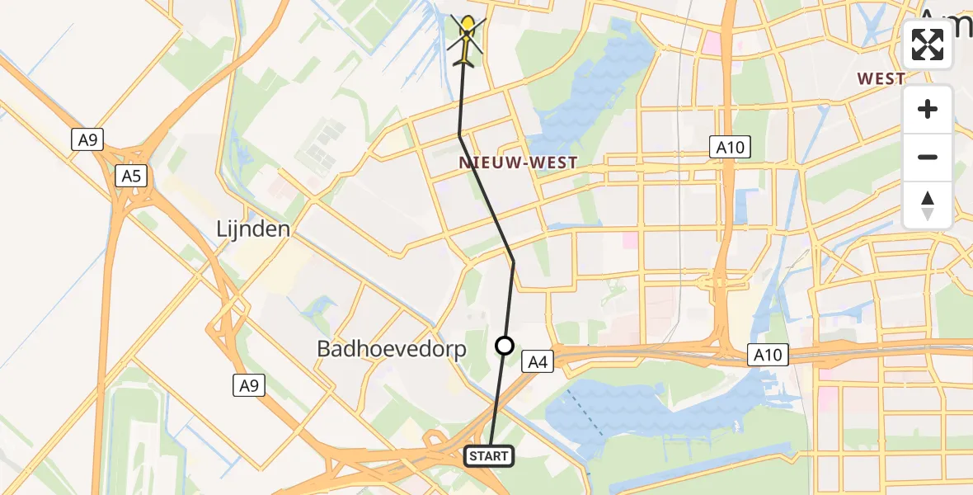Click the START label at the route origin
click(x=490, y=455)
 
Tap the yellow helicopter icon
click(x=468, y=41)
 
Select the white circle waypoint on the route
click(x=505, y=346)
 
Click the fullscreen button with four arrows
click(x=928, y=45)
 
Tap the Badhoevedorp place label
click(x=392, y=349)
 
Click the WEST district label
click(x=881, y=79)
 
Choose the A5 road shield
click(x=131, y=175)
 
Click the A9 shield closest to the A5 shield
click(x=88, y=140)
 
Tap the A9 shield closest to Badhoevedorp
click(x=248, y=385)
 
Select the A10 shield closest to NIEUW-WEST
click(x=730, y=148)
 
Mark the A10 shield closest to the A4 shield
click(x=769, y=356)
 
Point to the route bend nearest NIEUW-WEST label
click(x=459, y=135)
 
